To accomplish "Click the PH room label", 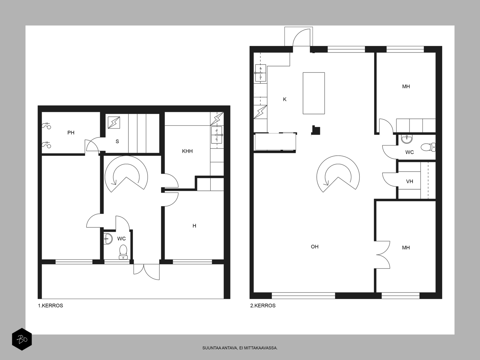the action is (71, 133).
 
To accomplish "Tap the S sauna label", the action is (117, 141).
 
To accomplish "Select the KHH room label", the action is (187, 151).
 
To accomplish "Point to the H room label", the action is (194, 226).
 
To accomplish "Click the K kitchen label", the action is (284, 100).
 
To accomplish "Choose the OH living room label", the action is (315, 247).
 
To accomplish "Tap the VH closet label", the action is (409, 181).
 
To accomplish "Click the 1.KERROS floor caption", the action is (50, 306).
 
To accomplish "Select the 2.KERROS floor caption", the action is (263, 306).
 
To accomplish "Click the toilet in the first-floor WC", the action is (123, 252).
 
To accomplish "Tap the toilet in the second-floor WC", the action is (428, 147).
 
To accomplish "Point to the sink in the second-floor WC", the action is (407, 139).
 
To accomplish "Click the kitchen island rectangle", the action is (313, 93).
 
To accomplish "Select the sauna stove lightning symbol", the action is (114, 123).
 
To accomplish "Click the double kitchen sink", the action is (261, 73).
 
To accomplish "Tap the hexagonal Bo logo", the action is (22, 339).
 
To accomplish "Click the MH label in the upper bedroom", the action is (406, 87).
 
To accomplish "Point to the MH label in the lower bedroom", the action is (406, 248).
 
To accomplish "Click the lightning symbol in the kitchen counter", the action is (260, 112).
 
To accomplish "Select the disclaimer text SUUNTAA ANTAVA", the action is (220, 348).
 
